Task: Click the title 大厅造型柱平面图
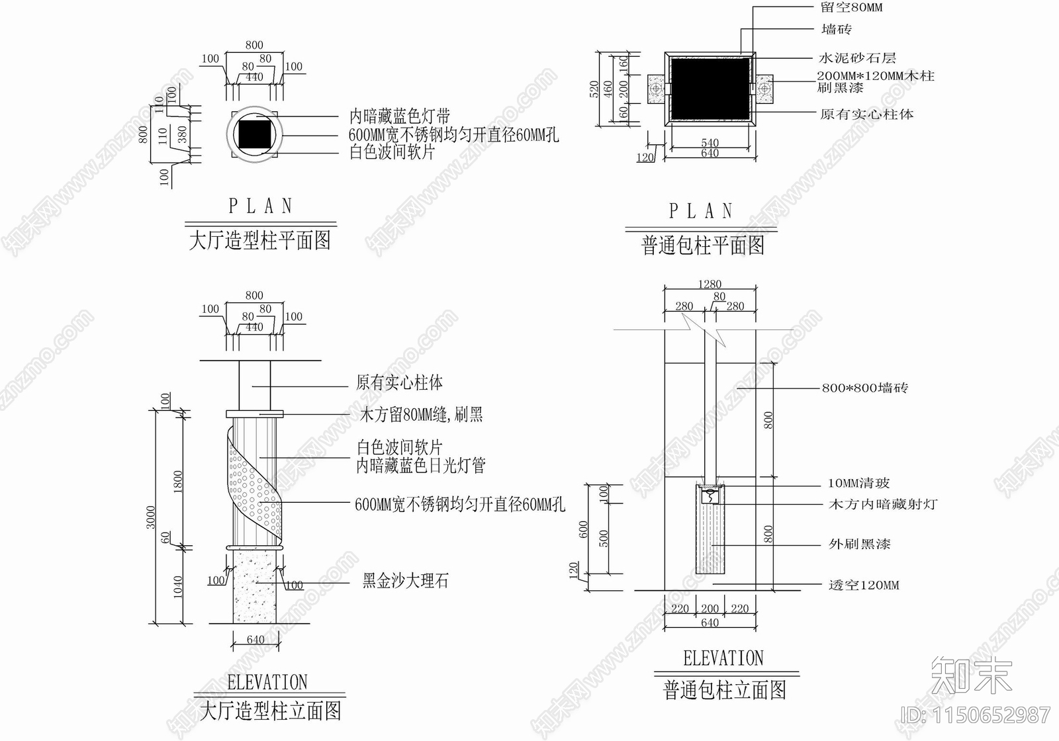[x=259, y=240]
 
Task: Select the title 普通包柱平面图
[x=702, y=245]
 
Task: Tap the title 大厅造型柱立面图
[x=270, y=711]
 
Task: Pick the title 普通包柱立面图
[x=725, y=690]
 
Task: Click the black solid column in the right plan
[x=710, y=89]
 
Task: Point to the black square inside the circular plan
[x=254, y=134]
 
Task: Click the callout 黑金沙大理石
[x=405, y=582]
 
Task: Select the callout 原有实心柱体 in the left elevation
[x=399, y=382]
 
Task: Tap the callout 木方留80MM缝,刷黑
[x=421, y=415]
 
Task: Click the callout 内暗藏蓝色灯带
[x=400, y=117]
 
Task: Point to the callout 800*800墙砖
[x=864, y=388]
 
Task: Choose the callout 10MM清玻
[x=858, y=484]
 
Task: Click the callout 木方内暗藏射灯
[x=883, y=504]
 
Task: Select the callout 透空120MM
[x=864, y=585]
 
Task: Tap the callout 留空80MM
[x=851, y=8]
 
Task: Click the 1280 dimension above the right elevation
[x=710, y=284]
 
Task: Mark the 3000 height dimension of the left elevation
[x=151, y=517]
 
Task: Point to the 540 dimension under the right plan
[x=710, y=143]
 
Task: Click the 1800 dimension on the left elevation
[x=177, y=481]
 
